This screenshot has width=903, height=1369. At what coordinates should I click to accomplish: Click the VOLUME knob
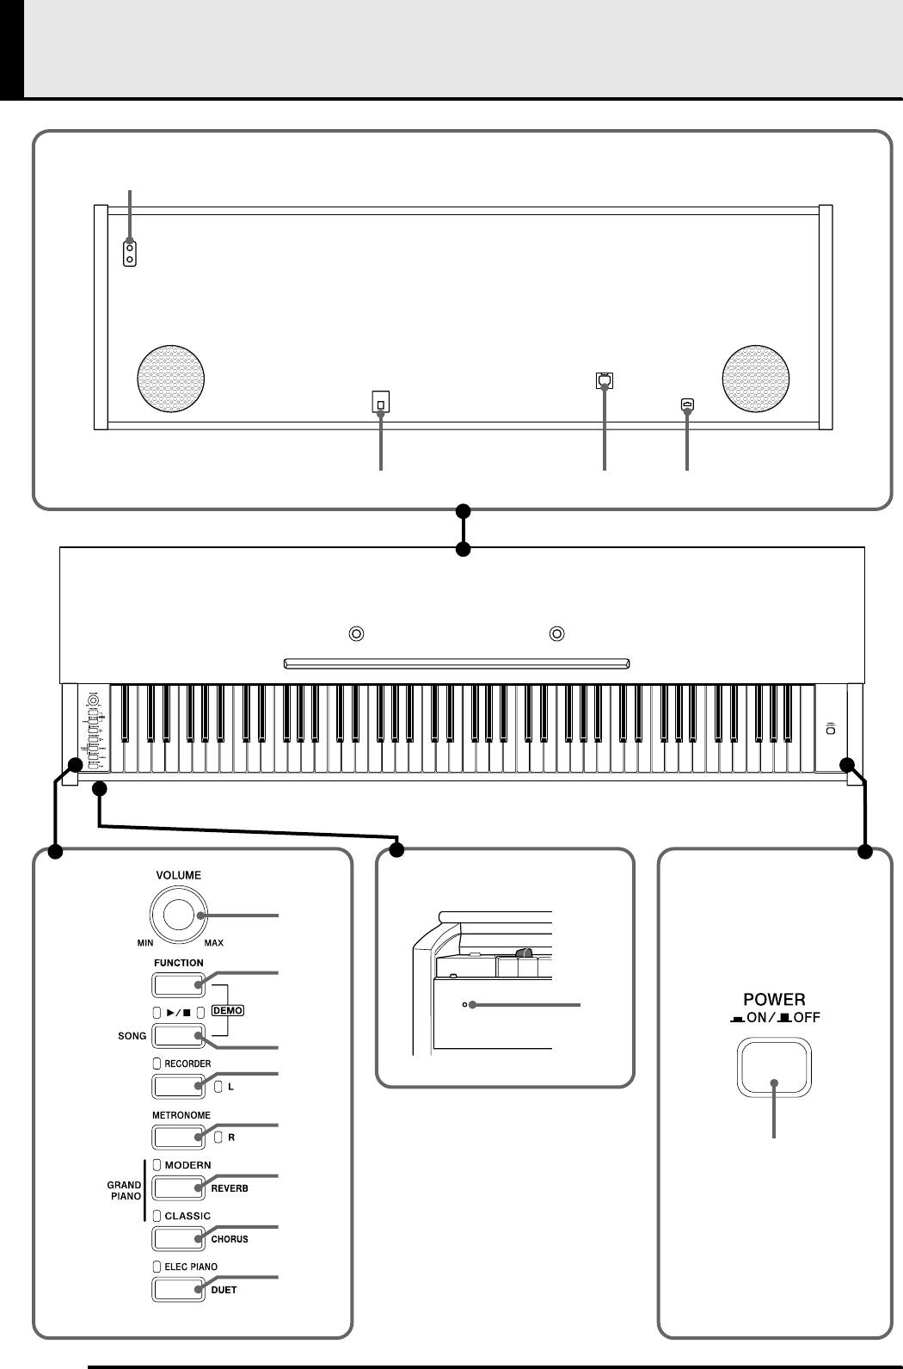[x=178, y=916]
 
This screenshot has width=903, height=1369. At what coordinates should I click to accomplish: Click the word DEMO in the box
[x=230, y=1010]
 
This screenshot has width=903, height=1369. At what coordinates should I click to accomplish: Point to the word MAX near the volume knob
[x=213, y=943]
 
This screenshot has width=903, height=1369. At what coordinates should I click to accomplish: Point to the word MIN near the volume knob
[x=144, y=943]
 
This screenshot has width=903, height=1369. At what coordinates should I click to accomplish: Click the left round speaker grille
[x=172, y=378]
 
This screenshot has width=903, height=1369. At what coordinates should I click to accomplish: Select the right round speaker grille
[x=757, y=378]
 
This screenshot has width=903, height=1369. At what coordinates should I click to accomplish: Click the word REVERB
[x=230, y=1188]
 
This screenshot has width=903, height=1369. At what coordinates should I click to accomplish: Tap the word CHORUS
[x=230, y=1239]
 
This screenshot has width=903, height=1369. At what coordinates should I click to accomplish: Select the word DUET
[x=224, y=1290]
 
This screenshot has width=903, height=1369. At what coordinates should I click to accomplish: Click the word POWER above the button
[x=774, y=1000]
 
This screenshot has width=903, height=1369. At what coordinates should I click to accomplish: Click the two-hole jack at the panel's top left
[x=130, y=253]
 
